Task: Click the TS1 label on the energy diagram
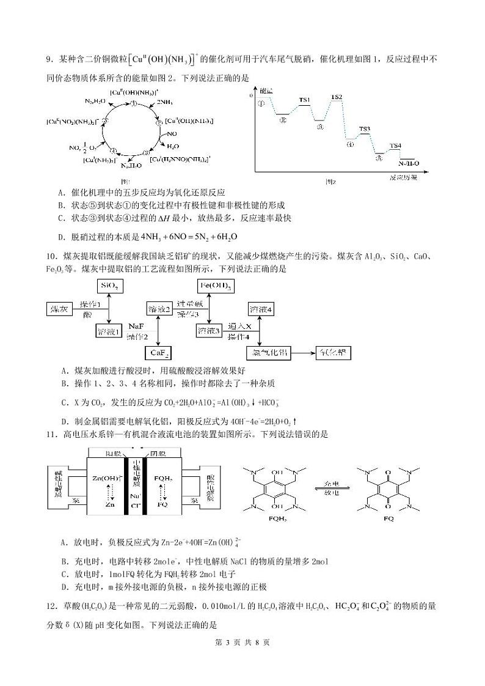(304, 100)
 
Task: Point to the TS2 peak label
(337, 97)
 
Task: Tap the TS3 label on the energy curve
(365, 129)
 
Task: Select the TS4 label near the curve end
(396, 146)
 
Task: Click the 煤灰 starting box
(59, 309)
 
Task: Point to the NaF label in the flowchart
(136, 327)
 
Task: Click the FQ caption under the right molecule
(388, 519)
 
